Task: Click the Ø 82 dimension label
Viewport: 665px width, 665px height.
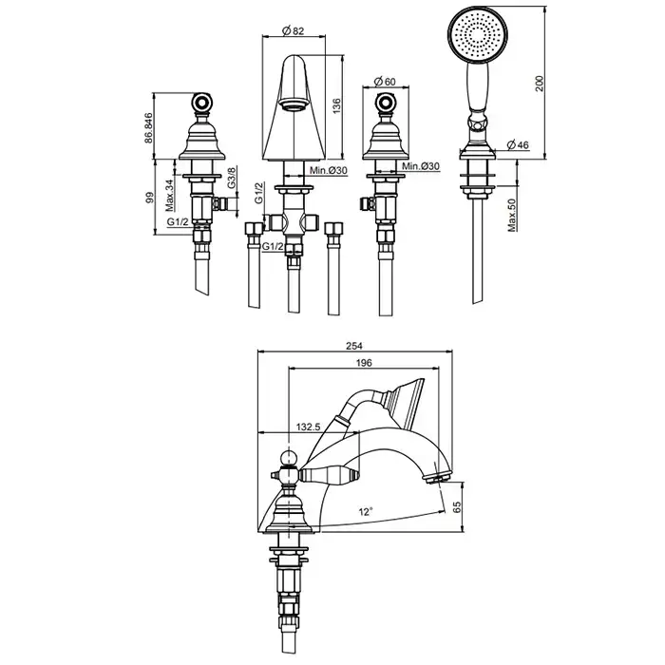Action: (293, 30)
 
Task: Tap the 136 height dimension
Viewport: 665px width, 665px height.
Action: (336, 106)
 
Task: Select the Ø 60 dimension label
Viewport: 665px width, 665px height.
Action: (385, 81)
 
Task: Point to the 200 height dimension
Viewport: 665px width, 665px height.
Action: (539, 84)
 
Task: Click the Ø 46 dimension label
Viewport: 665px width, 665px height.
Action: (519, 145)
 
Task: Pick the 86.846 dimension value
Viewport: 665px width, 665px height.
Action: (148, 127)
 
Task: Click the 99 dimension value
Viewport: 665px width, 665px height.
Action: (149, 198)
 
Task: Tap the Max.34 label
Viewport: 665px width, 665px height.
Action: (170, 195)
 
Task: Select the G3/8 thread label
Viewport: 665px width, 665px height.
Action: (232, 178)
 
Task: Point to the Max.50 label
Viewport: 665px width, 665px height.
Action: (512, 215)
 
